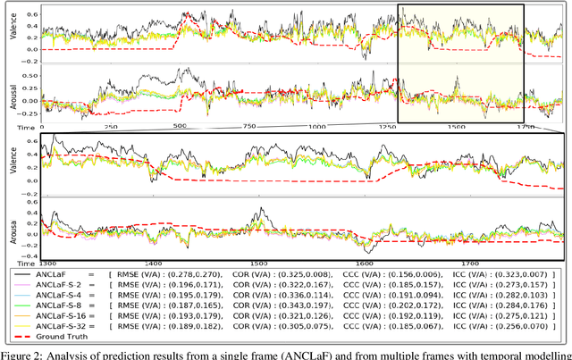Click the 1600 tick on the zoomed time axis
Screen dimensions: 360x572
pyautogui.click(x=363, y=264)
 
